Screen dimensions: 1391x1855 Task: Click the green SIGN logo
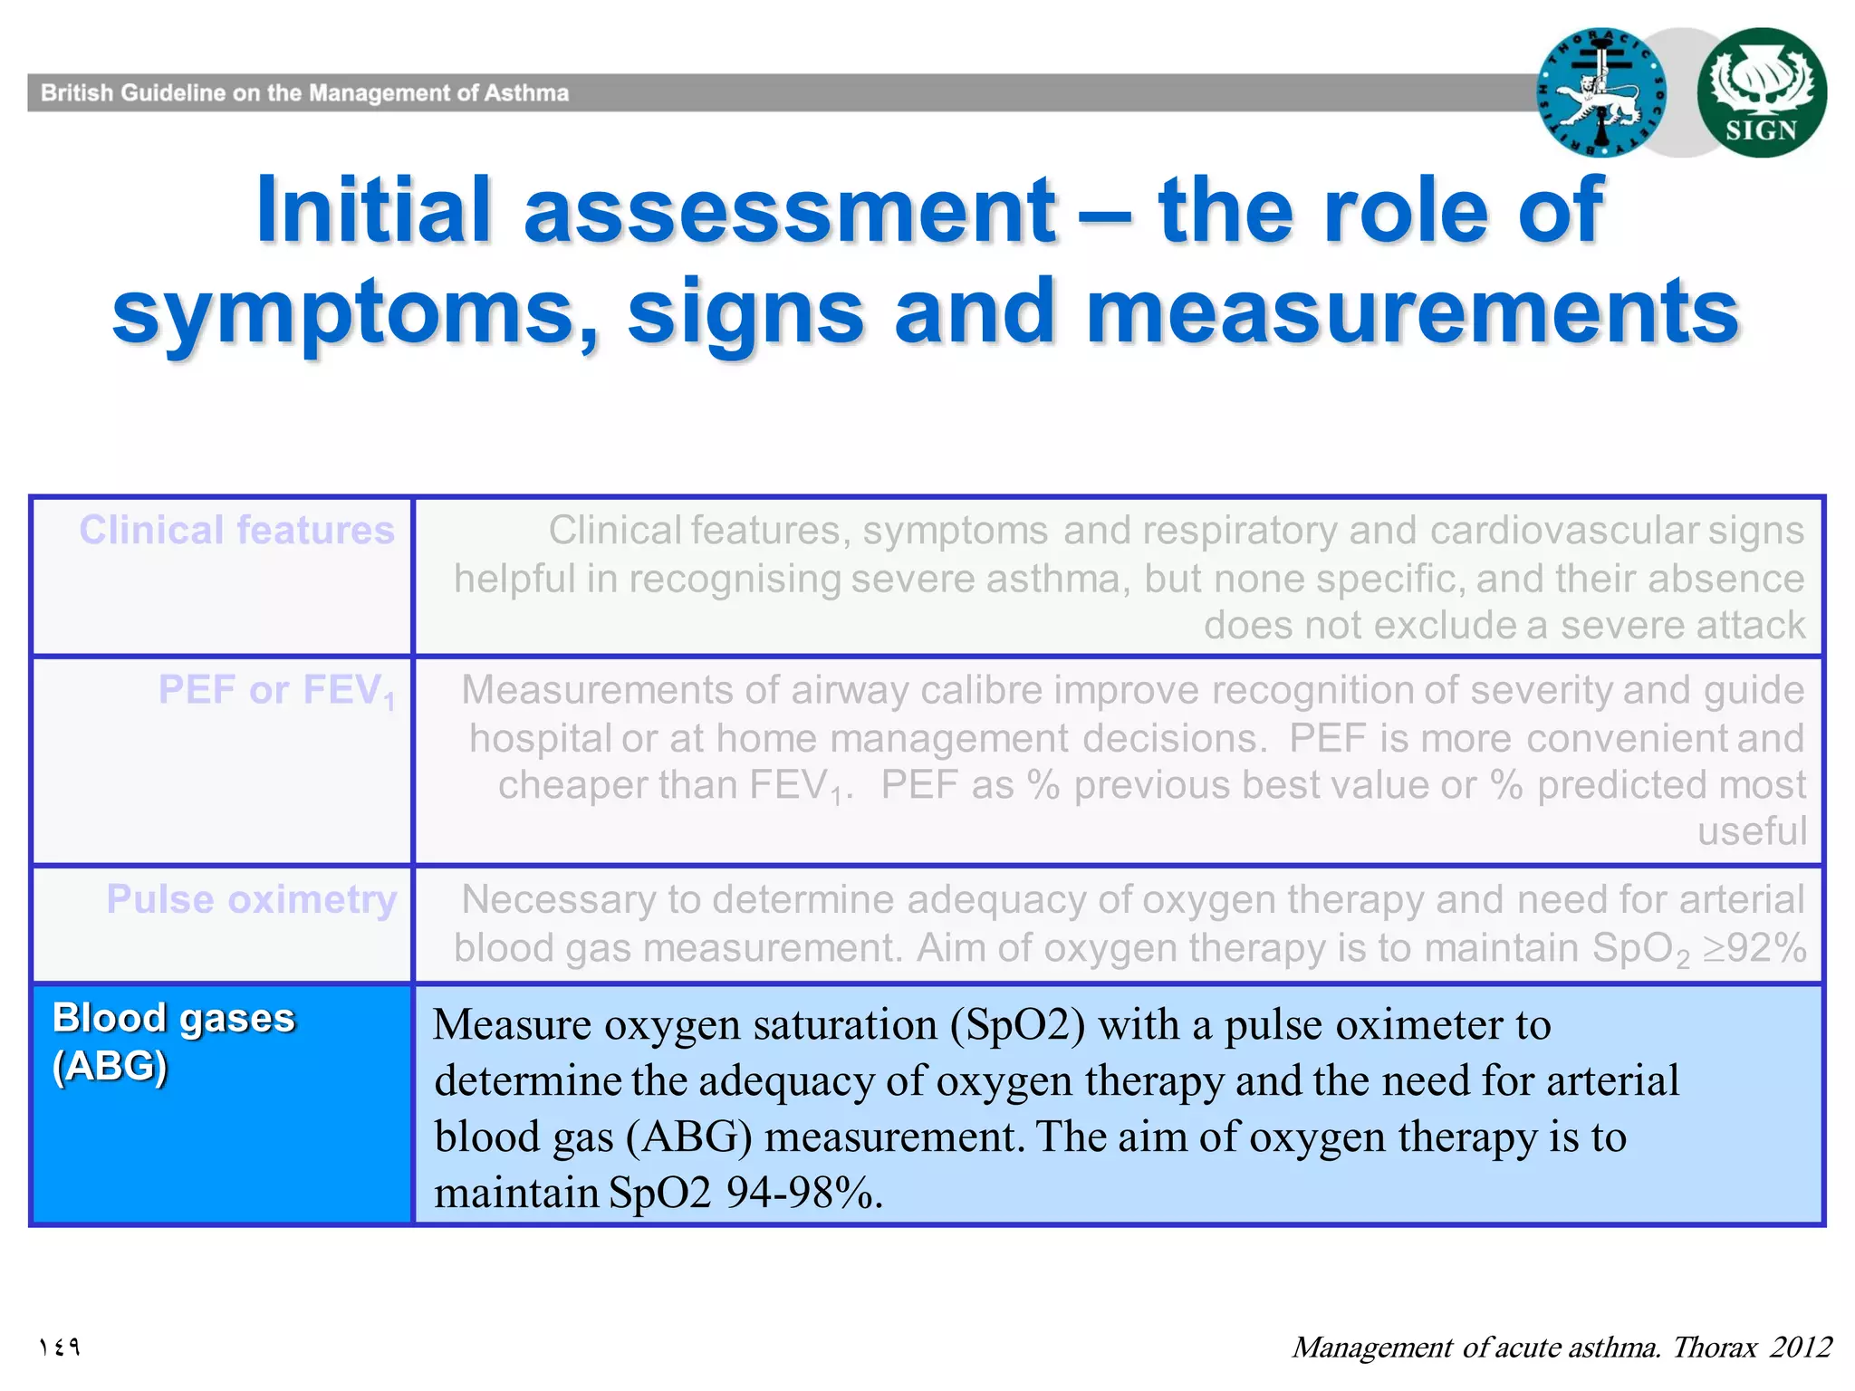click(1761, 92)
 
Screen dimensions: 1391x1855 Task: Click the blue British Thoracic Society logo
click(1601, 92)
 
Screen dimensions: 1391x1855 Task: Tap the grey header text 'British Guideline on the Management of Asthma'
click(304, 93)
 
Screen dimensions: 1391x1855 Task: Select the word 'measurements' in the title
click(1411, 312)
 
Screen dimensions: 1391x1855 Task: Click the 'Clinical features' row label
click(236, 530)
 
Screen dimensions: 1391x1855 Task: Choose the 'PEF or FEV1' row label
click(276, 691)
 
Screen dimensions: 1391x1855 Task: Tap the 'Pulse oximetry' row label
click(252, 899)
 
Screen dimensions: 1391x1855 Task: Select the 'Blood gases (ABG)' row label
click(173, 1041)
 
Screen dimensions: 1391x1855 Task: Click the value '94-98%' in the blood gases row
click(804, 1193)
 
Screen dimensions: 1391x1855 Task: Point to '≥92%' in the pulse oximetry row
click(1754, 948)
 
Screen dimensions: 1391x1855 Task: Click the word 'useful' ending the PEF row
click(1751, 831)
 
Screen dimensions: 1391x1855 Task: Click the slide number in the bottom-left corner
click(60, 1348)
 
